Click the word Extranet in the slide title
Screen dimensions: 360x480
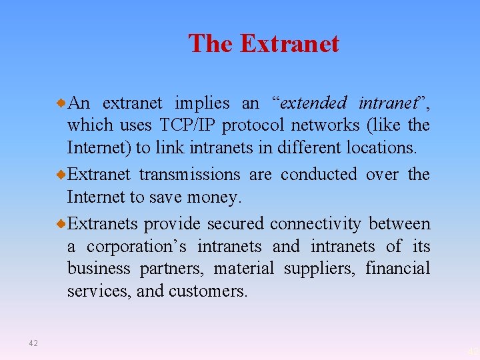point(289,44)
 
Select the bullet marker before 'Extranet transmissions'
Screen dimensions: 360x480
point(61,175)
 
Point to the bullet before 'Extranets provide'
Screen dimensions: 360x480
point(61,223)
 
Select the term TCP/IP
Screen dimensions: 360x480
point(188,125)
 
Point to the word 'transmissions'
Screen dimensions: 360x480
point(189,175)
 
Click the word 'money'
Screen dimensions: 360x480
point(217,197)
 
